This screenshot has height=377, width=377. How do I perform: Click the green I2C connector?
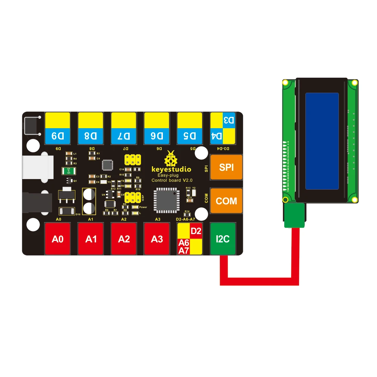(x=222, y=239)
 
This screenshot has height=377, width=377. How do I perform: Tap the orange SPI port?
(x=226, y=167)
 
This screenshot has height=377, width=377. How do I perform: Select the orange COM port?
(x=226, y=201)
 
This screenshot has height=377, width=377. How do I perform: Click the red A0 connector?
(x=58, y=239)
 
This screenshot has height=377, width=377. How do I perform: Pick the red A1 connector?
(x=90, y=239)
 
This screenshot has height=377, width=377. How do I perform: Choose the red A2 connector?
(x=124, y=239)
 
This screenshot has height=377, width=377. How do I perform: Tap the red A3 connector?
(x=156, y=239)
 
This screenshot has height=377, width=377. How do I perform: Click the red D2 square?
(x=196, y=231)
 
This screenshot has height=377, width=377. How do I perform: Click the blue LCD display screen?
(x=322, y=141)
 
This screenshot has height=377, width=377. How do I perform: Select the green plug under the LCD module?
(x=294, y=216)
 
